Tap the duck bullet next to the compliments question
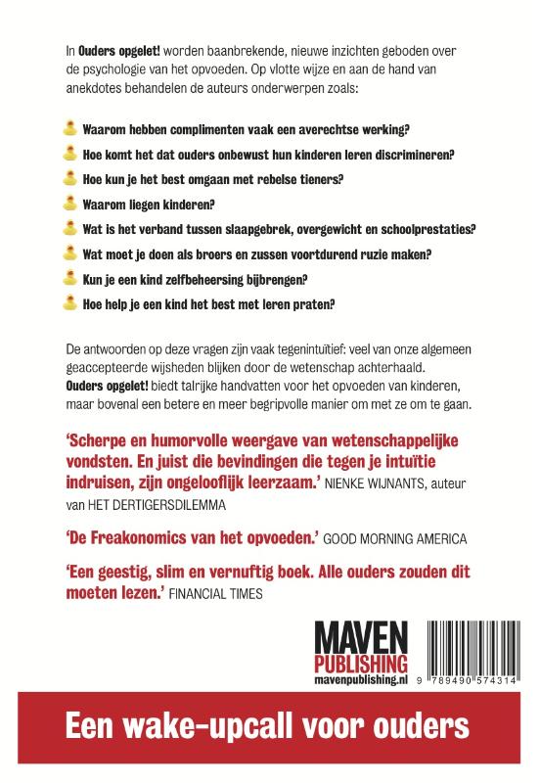pyautogui.click(x=69, y=129)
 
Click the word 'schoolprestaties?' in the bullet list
pyautogui.click(x=422, y=229)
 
